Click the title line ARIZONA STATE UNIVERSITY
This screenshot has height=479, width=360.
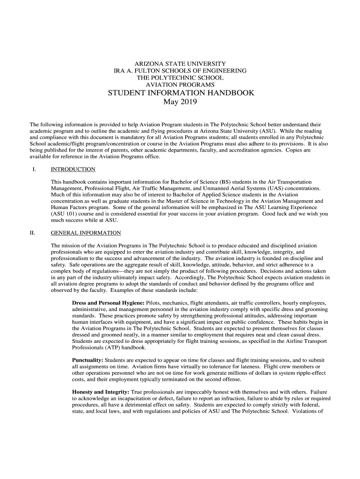[180, 64]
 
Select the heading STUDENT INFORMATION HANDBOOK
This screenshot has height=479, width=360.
[181, 93]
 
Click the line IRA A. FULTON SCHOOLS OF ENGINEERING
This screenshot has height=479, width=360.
[180, 71]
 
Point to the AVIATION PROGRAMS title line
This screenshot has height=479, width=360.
[180, 85]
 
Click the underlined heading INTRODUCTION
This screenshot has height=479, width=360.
[73, 169]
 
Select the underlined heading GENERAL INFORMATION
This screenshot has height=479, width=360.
[86, 233]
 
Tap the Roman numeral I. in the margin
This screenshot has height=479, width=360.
[34, 169]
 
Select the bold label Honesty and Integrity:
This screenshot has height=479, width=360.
[101, 392]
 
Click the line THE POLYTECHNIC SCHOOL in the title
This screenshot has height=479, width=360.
[180, 78]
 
